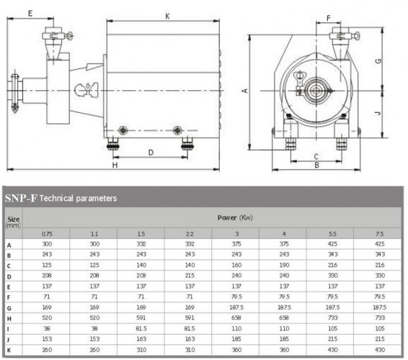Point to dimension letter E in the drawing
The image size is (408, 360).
(x=30, y=14)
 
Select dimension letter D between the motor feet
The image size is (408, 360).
(x=151, y=152)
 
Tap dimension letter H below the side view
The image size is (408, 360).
(x=115, y=166)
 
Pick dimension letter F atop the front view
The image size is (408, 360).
(x=327, y=17)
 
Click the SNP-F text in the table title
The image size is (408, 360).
(x=19, y=197)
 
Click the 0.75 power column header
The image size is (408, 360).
(x=46, y=234)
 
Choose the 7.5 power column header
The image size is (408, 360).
(x=378, y=234)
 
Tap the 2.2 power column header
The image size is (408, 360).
(x=189, y=234)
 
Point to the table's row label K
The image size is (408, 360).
(x=9, y=350)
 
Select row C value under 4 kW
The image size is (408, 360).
(x=284, y=265)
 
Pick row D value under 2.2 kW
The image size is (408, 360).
(x=189, y=275)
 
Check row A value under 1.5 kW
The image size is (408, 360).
(x=141, y=245)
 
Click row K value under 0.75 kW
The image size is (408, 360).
(x=46, y=350)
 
